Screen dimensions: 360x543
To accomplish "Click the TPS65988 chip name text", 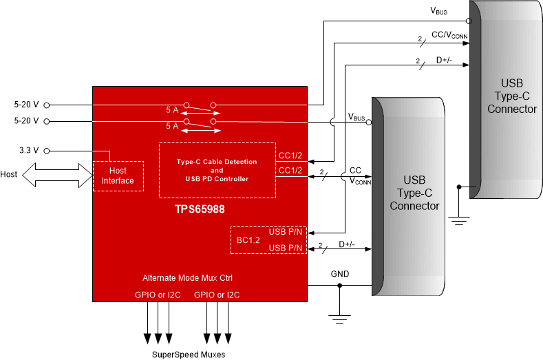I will click(x=200, y=205).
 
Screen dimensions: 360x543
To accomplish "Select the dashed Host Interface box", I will click(x=118, y=176).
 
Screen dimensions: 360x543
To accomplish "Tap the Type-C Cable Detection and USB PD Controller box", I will click(x=217, y=170).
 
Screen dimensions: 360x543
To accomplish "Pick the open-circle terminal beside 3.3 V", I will click(x=46, y=150).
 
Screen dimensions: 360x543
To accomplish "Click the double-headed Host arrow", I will click(x=56, y=176).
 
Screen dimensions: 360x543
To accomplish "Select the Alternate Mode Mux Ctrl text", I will click(x=187, y=278).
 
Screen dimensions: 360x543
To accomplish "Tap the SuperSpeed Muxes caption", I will click(x=188, y=354).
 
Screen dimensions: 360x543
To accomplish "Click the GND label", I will click(x=340, y=274).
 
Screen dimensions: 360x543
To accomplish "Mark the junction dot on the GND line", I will click(x=339, y=286).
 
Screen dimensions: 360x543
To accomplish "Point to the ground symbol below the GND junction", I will click(x=339, y=318).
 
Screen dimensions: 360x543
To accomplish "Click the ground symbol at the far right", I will click(x=458, y=220).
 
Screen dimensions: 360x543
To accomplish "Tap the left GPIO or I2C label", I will click(x=158, y=295).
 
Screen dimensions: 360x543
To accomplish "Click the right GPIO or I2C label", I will click(x=217, y=295).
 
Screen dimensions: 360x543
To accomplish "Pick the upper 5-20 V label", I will click(x=26, y=105).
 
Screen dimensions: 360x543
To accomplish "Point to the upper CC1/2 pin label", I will click(x=290, y=156).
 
